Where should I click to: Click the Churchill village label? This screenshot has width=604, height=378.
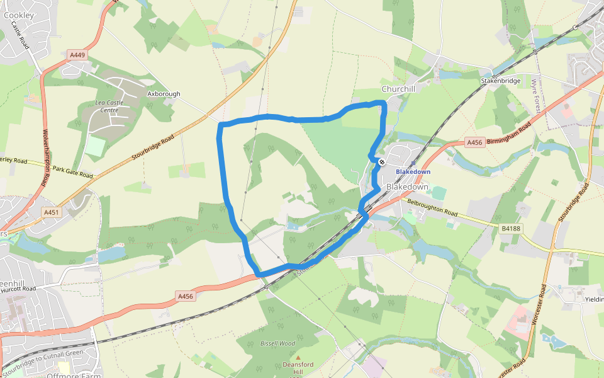(x=399, y=89)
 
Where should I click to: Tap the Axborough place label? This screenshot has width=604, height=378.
(x=164, y=94)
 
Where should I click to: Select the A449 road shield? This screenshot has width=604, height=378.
(x=77, y=55)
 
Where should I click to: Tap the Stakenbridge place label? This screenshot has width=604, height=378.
(x=501, y=81)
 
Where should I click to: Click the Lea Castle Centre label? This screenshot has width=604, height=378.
(x=109, y=106)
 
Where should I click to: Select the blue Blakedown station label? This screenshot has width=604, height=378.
(x=413, y=171)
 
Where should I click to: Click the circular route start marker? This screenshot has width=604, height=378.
(x=381, y=162)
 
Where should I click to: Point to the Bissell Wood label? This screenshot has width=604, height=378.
(x=277, y=343)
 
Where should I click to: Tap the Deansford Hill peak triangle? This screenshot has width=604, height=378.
(x=299, y=358)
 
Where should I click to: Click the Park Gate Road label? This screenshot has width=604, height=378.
(x=72, y=171)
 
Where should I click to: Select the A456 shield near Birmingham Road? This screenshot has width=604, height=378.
(x=474, y=143)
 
